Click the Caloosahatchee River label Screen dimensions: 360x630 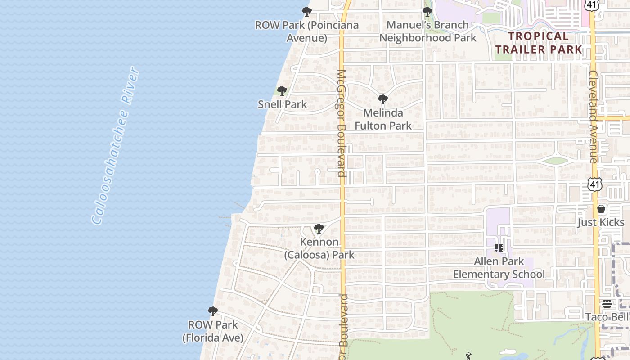click(x=115, y=145)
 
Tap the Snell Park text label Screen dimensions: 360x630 click(x=282, y=104)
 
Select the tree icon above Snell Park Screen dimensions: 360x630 click(x=282, y=91)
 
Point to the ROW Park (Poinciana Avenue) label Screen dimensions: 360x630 click(x=307, y=31)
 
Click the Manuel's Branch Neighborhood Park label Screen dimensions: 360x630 click(x=427, y=31)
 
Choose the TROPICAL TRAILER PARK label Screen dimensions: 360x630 click(x=539, y=42)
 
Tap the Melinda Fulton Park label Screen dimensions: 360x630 click(x=383, y=119)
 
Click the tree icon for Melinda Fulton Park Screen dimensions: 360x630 click(x=383, y=99)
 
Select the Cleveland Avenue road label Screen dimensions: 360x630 click(x=593, y=117)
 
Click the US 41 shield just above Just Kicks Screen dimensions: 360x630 click(x=594, y=184)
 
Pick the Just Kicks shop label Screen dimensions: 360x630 click(x=601, y=222)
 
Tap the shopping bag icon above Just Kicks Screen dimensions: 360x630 click(x=601, y=209)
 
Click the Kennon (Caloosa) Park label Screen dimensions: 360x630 click(x=319, y=248)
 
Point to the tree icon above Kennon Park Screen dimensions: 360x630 click(x=319, y=229)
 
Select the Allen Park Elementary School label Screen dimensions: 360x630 click(x=499, y=268)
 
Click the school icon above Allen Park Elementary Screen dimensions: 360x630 click(x=499, y=247)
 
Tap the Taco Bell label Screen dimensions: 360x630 click(x=607, y=317)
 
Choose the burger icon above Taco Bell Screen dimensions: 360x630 click(x=607, y=304)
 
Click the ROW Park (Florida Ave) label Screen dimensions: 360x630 click(x=213, y=331)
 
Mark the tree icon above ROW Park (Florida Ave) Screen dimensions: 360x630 click(x=213, y=311)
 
